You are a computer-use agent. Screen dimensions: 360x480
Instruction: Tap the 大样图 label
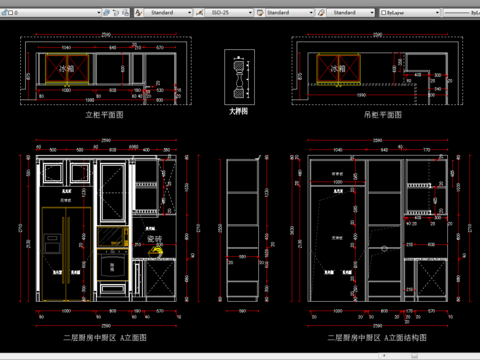(x=241, y=113)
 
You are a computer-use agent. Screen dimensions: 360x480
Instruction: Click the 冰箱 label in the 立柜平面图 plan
(x=65, y=69)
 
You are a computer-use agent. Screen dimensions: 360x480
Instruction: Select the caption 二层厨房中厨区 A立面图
(x=105, y=339)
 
